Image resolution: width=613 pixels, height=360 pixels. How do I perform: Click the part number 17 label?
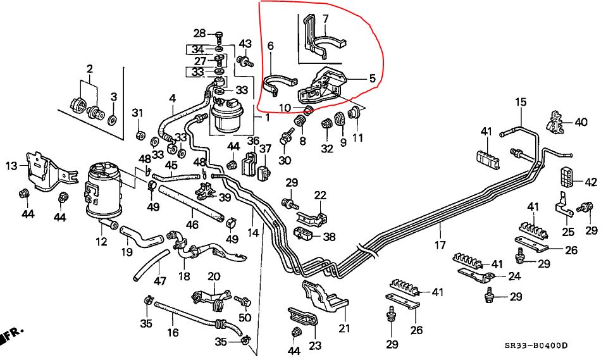tap(440, 244)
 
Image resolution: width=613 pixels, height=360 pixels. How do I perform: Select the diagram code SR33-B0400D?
tap(536, 346)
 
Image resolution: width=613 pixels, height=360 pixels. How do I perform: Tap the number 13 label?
tap(11, 166)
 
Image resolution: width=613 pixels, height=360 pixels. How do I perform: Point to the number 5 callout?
tap(371, 79)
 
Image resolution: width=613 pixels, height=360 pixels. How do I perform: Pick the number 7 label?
tap(270, 46)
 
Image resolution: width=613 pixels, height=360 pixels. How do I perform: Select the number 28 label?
tap(200, 34)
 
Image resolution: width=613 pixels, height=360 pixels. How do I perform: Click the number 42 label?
tap(591, 182)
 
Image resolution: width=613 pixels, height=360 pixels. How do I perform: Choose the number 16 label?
tap(173, 332)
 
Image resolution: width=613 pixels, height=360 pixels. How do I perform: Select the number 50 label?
tap(245, 317)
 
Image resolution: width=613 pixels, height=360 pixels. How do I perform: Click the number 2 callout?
tap(89, 68)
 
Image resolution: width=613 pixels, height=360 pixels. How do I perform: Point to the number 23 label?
tap(315, 345)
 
